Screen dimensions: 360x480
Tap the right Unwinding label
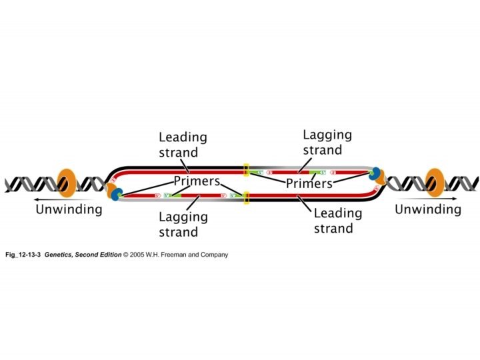[428, 209]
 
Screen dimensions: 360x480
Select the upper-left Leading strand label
[183, 145]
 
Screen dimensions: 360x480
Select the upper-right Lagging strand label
[327, 142]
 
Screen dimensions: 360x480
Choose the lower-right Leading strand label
[337, 221]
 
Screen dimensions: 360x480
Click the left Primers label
[196, 181]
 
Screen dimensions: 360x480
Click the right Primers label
[309, 183]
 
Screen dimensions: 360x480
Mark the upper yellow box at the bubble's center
[246, 170]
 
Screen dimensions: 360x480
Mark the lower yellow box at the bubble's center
[246, 197]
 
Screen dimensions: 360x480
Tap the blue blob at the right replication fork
[375, 173]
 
